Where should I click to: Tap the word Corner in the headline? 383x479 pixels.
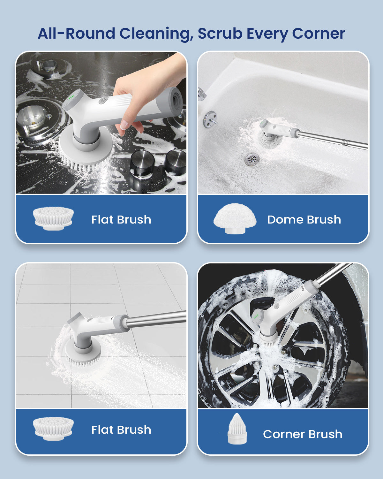click(318, 34)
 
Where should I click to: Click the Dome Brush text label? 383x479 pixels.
click(304, 220)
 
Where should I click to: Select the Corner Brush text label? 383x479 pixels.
click(302, 434)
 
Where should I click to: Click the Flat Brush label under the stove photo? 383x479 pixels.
click(121, 220)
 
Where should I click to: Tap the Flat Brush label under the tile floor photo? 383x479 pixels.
click(121, 430)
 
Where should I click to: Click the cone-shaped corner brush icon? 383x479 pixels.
click(237, 429)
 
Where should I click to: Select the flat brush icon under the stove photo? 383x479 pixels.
click(53, 218)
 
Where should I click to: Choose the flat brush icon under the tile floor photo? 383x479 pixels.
click(53, 428)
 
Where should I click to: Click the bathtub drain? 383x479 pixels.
click(252, 159)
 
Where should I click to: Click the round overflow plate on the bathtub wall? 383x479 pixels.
click(210, 119)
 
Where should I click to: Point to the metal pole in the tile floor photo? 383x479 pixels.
click(156, 319)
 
